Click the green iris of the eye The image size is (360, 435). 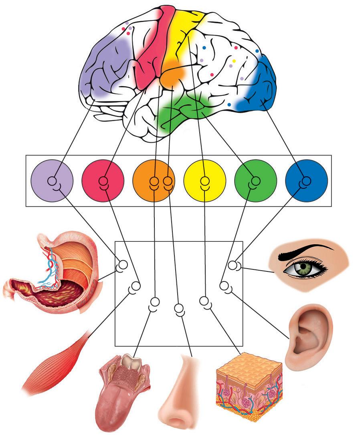[x=303, y=266]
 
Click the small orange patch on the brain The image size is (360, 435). [x=172, y=74]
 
